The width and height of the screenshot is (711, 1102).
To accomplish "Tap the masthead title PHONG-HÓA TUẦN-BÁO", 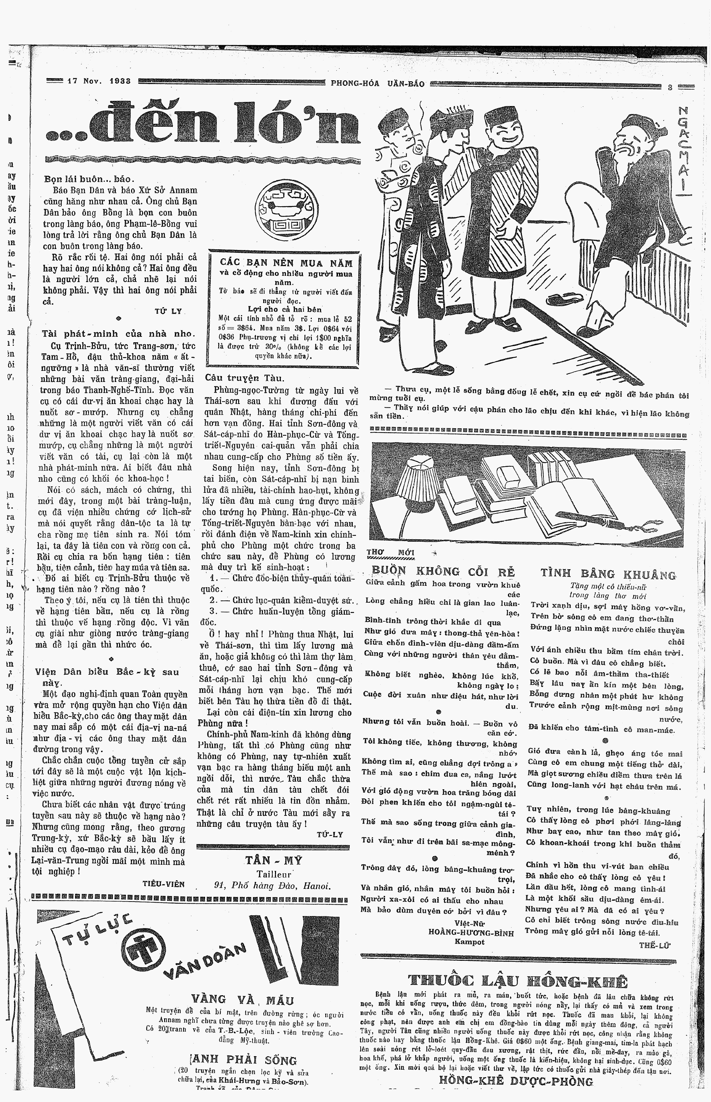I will [377, 84].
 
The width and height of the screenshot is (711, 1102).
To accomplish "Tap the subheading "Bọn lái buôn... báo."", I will [89, 179].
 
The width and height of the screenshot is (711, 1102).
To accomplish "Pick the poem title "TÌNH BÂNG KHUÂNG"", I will [608, 574].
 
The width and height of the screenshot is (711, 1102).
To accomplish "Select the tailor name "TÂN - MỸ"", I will [273, 860].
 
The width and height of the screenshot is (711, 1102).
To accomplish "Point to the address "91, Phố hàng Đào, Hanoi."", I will [273, 885].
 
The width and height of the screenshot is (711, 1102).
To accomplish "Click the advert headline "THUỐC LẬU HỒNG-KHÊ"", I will [518, 980].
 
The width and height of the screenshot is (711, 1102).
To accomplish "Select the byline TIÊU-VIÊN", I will [163, 884].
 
